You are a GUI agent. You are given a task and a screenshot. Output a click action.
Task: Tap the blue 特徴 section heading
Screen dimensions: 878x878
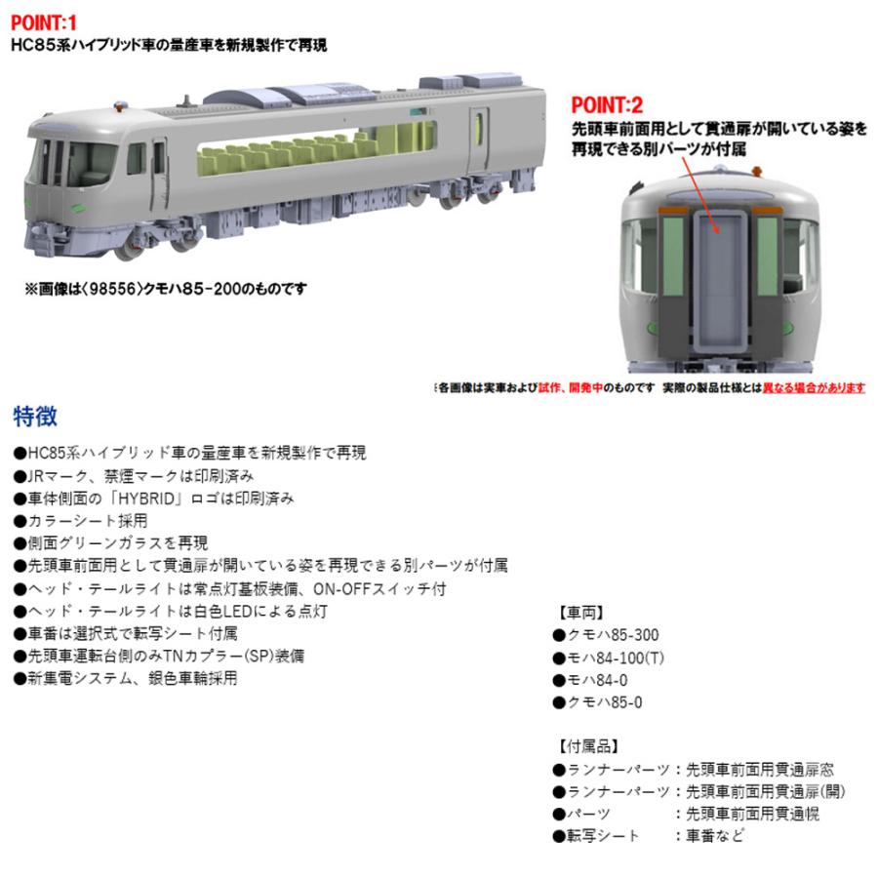click(35, 417)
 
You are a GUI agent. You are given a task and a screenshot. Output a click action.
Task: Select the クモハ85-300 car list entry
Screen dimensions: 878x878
click(611, 635)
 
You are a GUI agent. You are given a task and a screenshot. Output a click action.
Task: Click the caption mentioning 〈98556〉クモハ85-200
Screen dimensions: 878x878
click(165, 288)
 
